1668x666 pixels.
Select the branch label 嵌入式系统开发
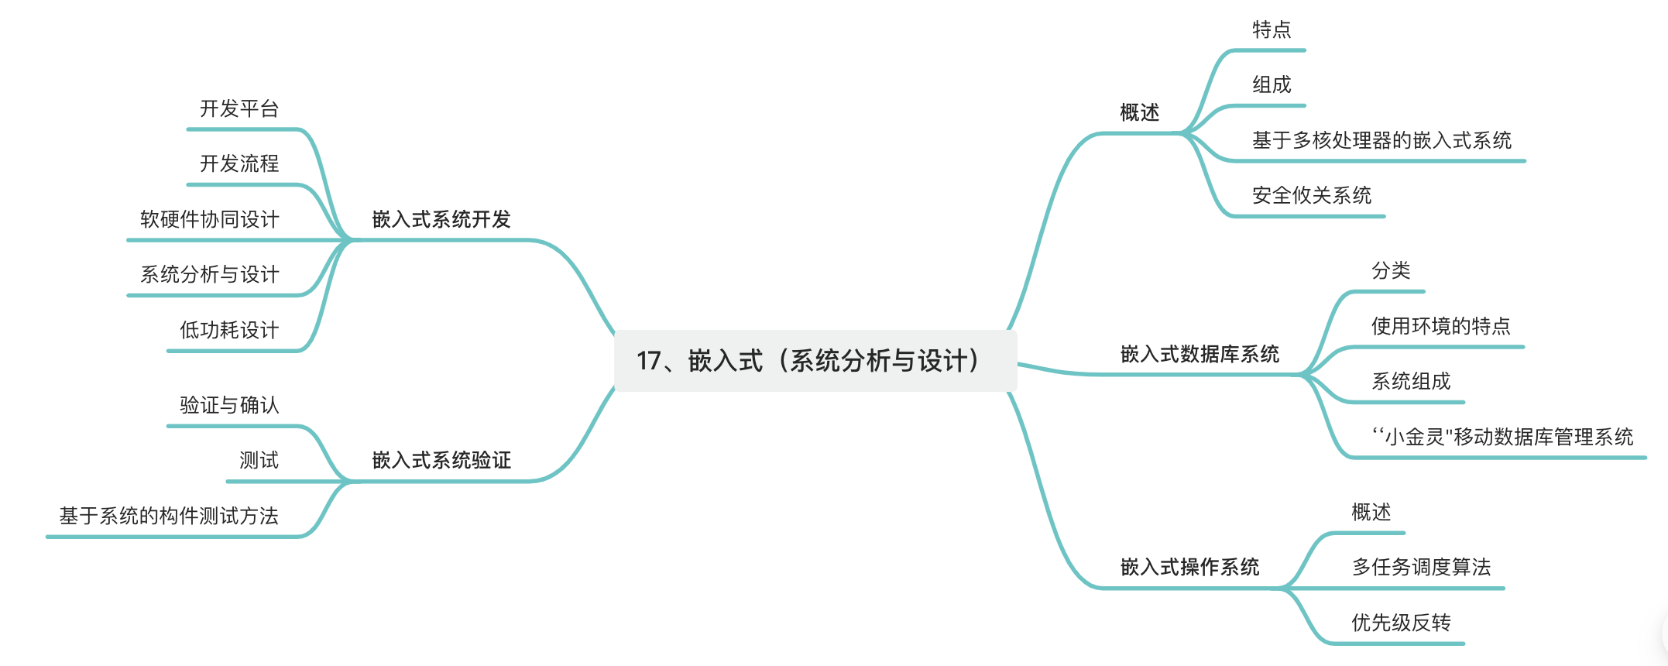click(x=441, y=220)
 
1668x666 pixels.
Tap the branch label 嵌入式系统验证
click(x=441, y=461)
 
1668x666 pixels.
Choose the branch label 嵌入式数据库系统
click(x=1200, y=355)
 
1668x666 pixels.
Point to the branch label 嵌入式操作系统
click(x=1189, y=568)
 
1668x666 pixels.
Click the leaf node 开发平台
click(x=239, y=109)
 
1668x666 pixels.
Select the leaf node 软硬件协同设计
click(x=209, y=220)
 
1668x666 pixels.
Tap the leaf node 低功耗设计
click(x=229, y=331)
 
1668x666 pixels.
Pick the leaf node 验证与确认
click(x=229, y=406)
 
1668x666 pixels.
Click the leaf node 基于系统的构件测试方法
click(x=169, y=517)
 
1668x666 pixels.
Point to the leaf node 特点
click(x=1272, y=30)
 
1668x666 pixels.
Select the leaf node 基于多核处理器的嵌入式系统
click(x=1381, y=141)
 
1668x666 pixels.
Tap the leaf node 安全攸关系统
click(x=1312, y=196)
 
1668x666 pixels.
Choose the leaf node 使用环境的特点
click(x=1440, y=326)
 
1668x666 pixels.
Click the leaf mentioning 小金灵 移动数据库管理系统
click(x=1502, y=438)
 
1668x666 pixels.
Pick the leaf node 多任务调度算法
click(x=1421, y=568)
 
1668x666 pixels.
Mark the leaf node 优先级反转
click(x=1401, y=623)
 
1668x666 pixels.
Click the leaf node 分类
click(x=1391, y=271)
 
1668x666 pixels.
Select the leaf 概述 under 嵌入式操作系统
click(x=1371, y=513)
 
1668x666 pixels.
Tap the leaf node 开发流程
click(x=239, y=164)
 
